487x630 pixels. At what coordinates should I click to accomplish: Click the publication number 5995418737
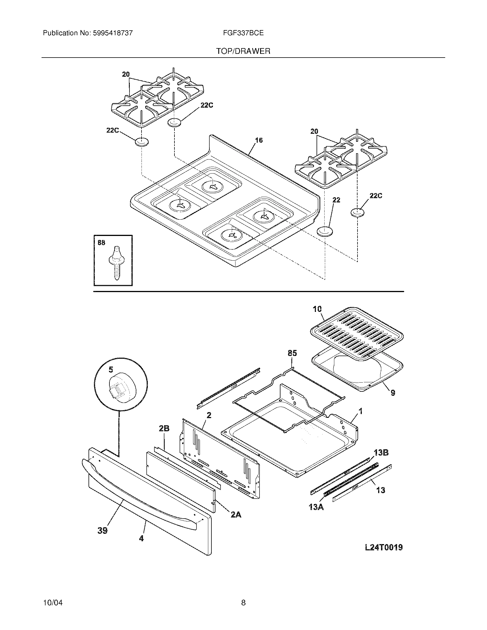[113, 33]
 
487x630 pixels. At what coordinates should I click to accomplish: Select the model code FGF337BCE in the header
[243, 33]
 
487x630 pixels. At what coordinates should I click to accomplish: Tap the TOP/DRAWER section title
[243, 51]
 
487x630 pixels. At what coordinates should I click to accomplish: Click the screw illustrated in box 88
[116, 263]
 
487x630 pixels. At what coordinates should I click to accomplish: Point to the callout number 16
[259, 140]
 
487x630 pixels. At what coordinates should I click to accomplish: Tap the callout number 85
[292, 353]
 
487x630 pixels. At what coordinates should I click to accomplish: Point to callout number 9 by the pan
[393, 393]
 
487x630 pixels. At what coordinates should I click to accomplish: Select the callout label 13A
[316, 507]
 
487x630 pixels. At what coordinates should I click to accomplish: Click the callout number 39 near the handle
[103, 530]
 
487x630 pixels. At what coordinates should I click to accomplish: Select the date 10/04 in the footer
[53, 603]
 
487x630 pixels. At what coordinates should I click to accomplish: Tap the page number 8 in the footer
[243, 603]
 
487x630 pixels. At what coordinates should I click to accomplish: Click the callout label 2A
[236, 514]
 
